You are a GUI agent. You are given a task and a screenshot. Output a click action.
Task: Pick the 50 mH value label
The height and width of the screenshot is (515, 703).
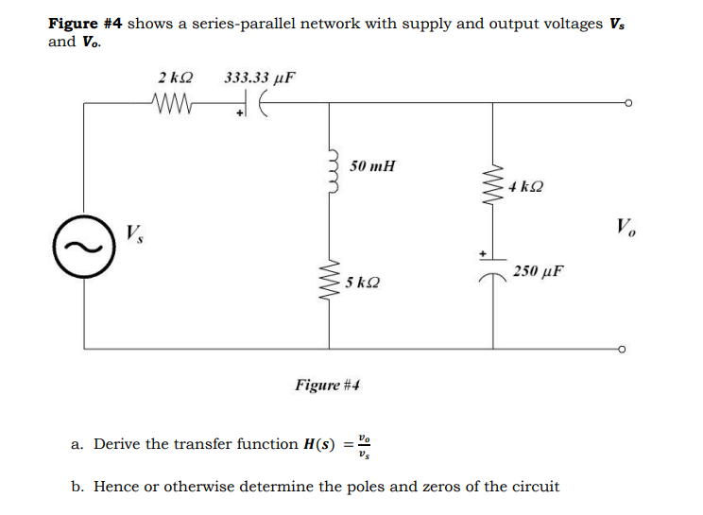click(372, 166)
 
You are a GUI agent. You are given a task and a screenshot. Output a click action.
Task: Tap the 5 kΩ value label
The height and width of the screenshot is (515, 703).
click(365, 282)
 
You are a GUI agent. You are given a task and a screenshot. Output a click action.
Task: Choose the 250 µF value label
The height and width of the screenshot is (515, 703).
click(539, 270)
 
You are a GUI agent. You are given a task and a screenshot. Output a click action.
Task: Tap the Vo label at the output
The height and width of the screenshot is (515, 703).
click(625, 227)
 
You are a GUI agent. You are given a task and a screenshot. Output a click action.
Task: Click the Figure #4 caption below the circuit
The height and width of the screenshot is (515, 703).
click(328, 385)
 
